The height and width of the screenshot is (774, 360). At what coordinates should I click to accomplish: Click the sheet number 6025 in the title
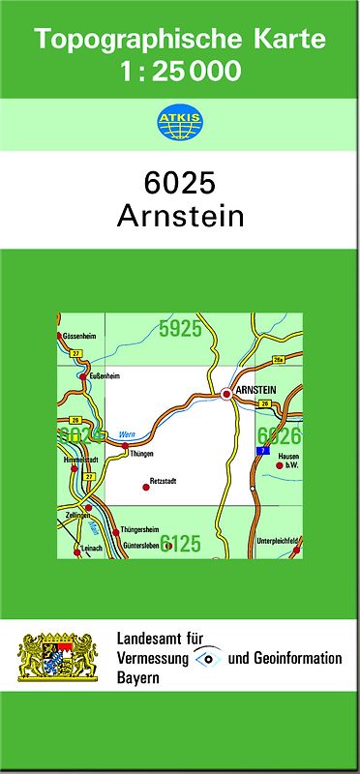point(180,184)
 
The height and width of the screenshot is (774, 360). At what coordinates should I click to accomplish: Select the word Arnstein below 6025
point(180,216)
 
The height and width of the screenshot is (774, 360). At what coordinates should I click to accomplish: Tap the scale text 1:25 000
point(180,71)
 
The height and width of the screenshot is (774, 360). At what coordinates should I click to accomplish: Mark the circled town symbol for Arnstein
point(227,393)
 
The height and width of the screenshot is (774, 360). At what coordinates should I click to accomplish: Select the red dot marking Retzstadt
point(146,487)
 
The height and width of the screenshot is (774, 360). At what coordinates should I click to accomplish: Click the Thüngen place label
point(141,453)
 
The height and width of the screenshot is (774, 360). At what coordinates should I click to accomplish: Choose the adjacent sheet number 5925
point(180,329)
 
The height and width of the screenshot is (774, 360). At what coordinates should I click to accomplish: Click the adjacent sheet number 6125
point(181,543)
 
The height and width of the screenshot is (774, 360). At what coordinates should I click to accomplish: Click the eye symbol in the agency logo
point(207,658)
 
